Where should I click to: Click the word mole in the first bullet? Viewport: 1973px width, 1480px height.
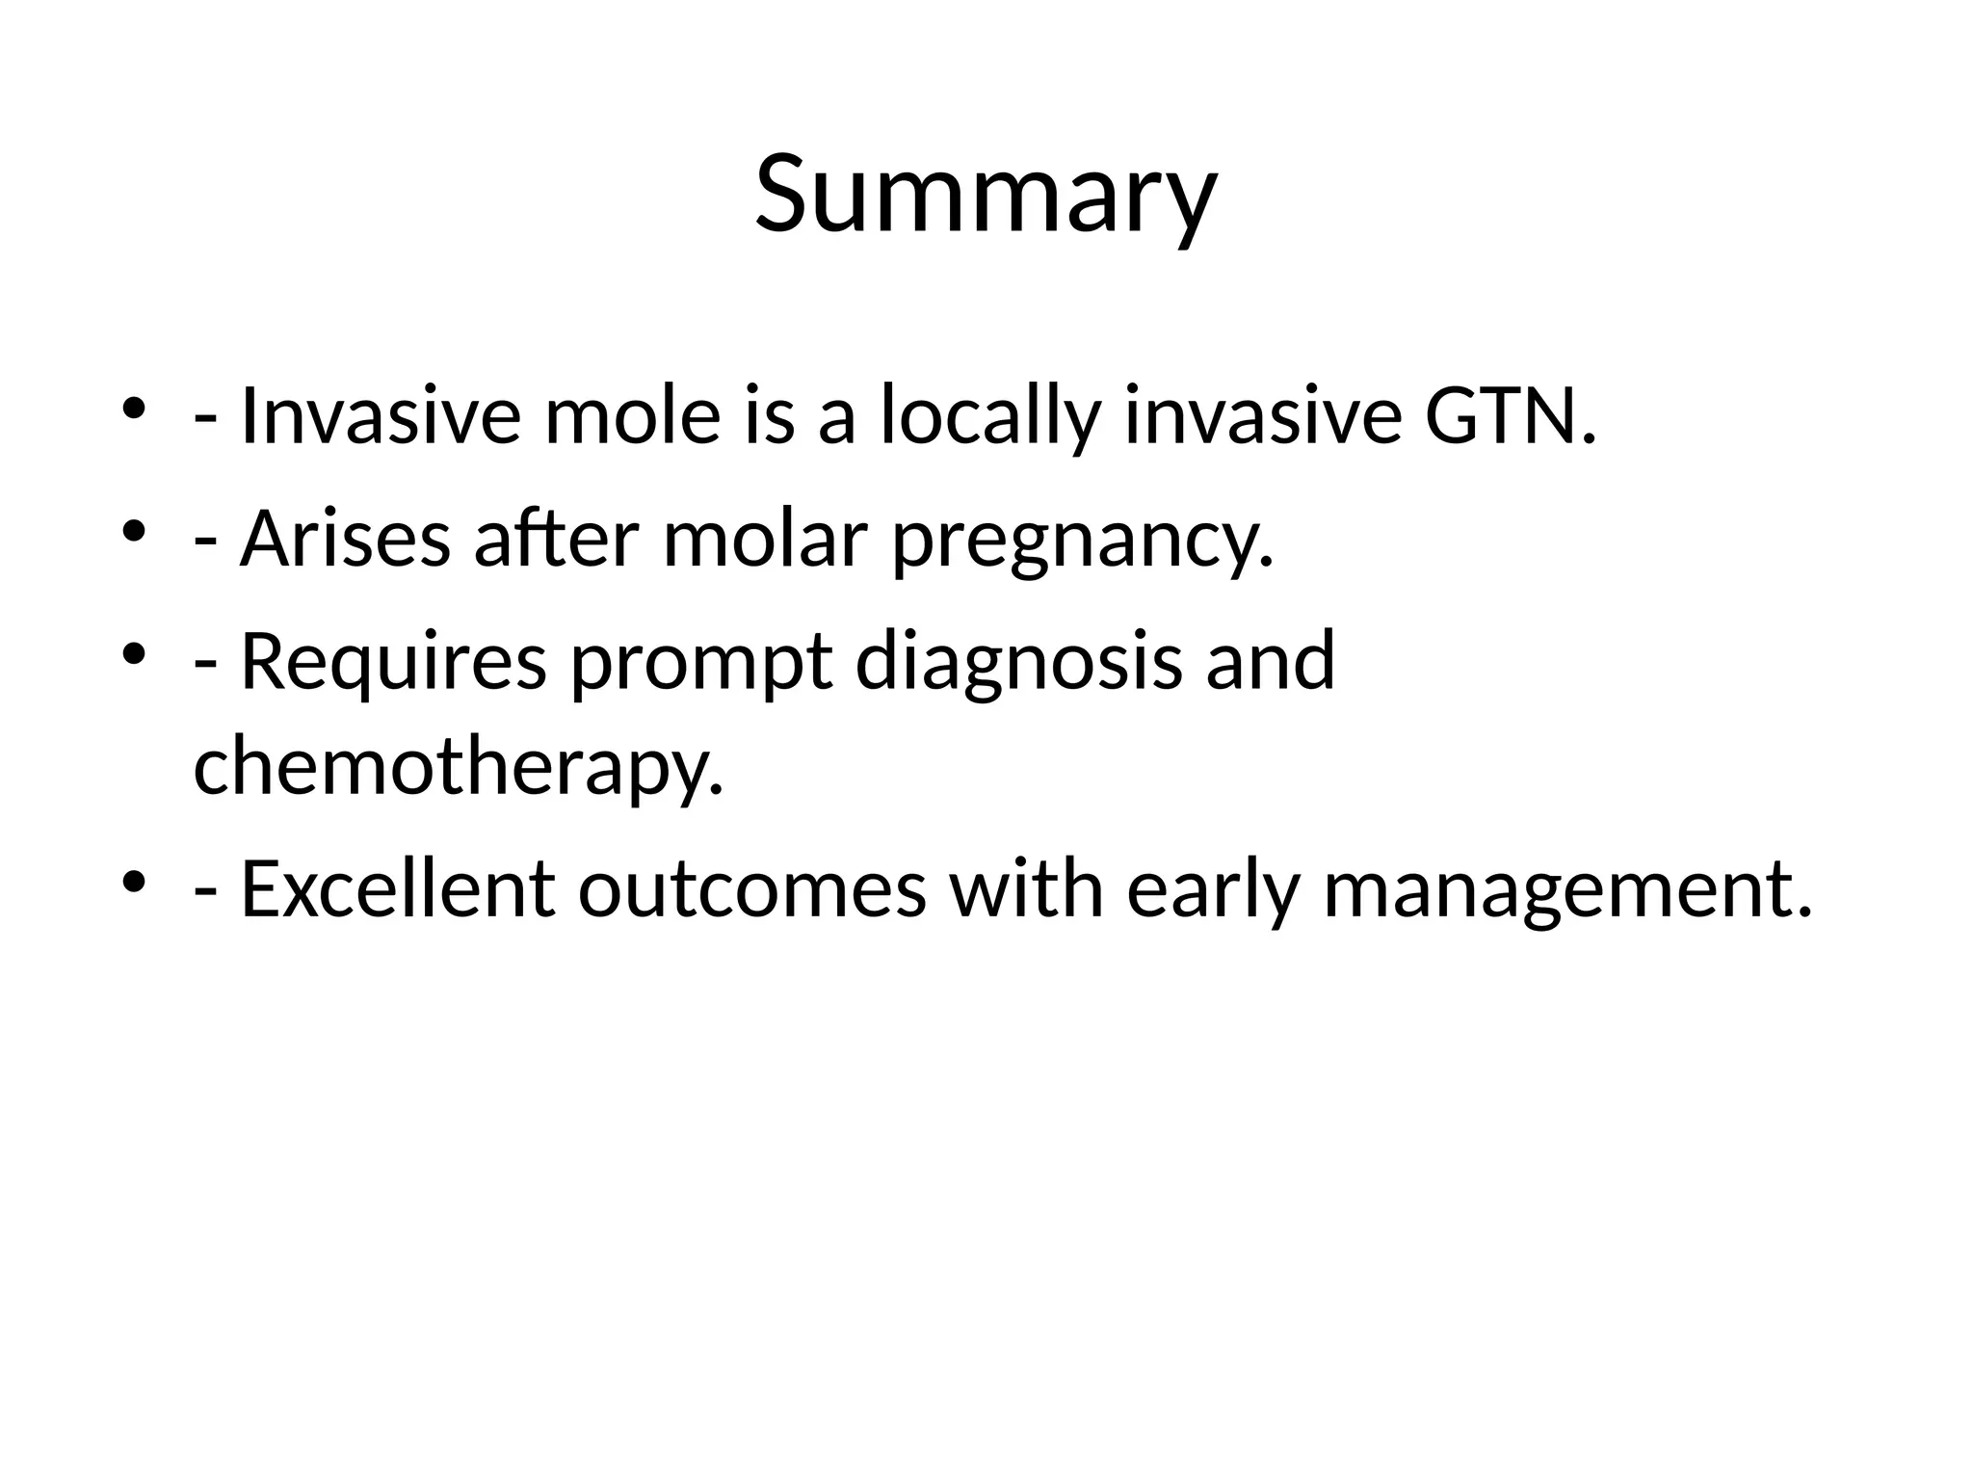[632, 416]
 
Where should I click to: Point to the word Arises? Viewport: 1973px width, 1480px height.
[345, 539]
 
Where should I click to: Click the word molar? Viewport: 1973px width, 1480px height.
[765, 539]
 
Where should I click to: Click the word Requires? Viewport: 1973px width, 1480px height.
[392, 662]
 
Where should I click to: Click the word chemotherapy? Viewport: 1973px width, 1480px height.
[458, 766]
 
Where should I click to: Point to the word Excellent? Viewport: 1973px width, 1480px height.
[397, 888]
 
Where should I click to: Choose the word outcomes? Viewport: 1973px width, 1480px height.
[751, 888]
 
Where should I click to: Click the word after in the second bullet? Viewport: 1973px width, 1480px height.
[556, 539]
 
